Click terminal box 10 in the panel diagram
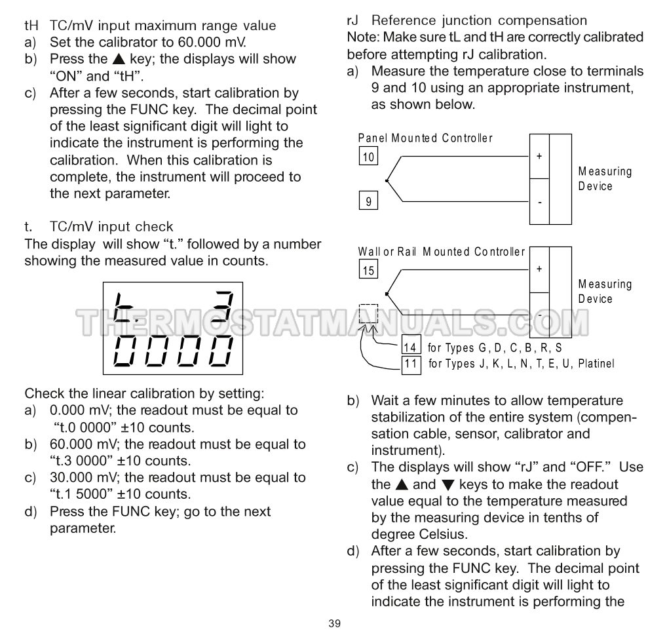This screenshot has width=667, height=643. point(368,157)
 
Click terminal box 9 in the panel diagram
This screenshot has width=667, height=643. point(368,201)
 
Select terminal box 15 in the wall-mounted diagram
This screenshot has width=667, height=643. point(368,270)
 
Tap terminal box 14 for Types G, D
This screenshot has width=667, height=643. point(411,347)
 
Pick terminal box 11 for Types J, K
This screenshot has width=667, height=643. point(411,363)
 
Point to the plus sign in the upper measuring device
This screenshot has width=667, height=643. point(539,157)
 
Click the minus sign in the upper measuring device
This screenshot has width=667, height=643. point(539,202)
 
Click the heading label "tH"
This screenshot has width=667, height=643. point(31,26)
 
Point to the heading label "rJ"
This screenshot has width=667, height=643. point(353,21)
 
